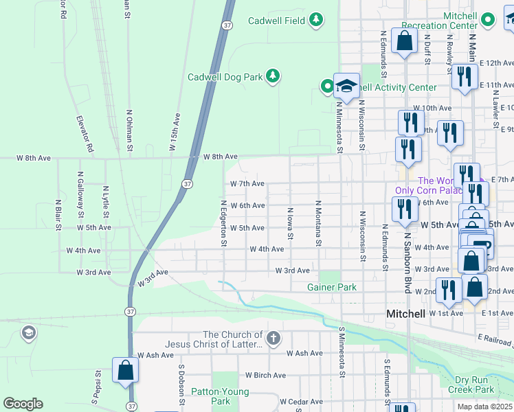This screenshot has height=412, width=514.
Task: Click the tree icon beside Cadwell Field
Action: [316, 21]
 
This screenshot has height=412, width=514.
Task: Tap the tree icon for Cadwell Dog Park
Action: [273, 76]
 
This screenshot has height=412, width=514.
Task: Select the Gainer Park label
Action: [332, 287]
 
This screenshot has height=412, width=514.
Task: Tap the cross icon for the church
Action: [273, 337]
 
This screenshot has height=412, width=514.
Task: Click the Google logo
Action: [23, 403]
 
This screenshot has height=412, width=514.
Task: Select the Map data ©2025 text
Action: [484, 407]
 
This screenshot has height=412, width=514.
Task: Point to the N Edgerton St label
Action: [223, 223]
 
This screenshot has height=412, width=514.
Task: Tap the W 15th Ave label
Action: [175, 133]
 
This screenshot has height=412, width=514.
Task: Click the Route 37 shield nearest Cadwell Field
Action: [227, 25]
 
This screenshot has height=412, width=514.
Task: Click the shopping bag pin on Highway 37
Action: [126, 371]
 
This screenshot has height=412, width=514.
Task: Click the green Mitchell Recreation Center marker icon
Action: [488, 20]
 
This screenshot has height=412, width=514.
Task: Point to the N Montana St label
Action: [318, 223]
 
